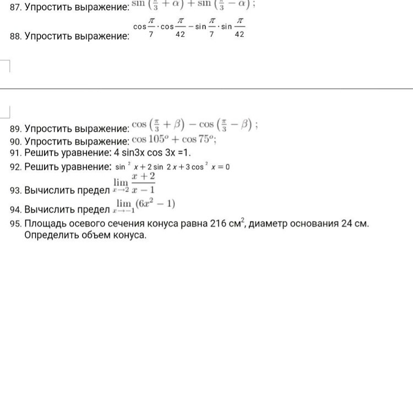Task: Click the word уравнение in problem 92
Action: pyautogui.click(x=85, y=166)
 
